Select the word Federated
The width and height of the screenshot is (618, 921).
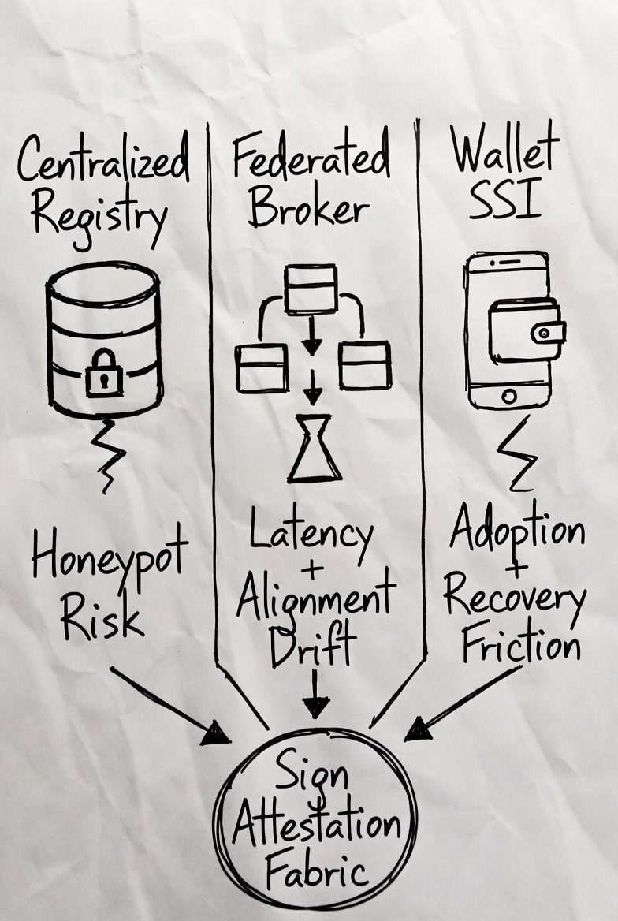[x=311, y=157]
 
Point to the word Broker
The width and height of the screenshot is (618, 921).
[x=309, y=208]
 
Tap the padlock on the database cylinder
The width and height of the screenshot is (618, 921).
[x=104, y=372]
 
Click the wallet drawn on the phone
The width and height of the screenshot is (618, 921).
[x=526, y=330]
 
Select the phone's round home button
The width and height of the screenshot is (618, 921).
[x=508, y=393]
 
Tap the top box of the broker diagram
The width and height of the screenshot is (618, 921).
[x=311, y=289]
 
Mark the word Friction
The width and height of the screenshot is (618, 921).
[x=521, y=646]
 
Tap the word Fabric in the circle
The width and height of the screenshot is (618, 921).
[x=316, y=872]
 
